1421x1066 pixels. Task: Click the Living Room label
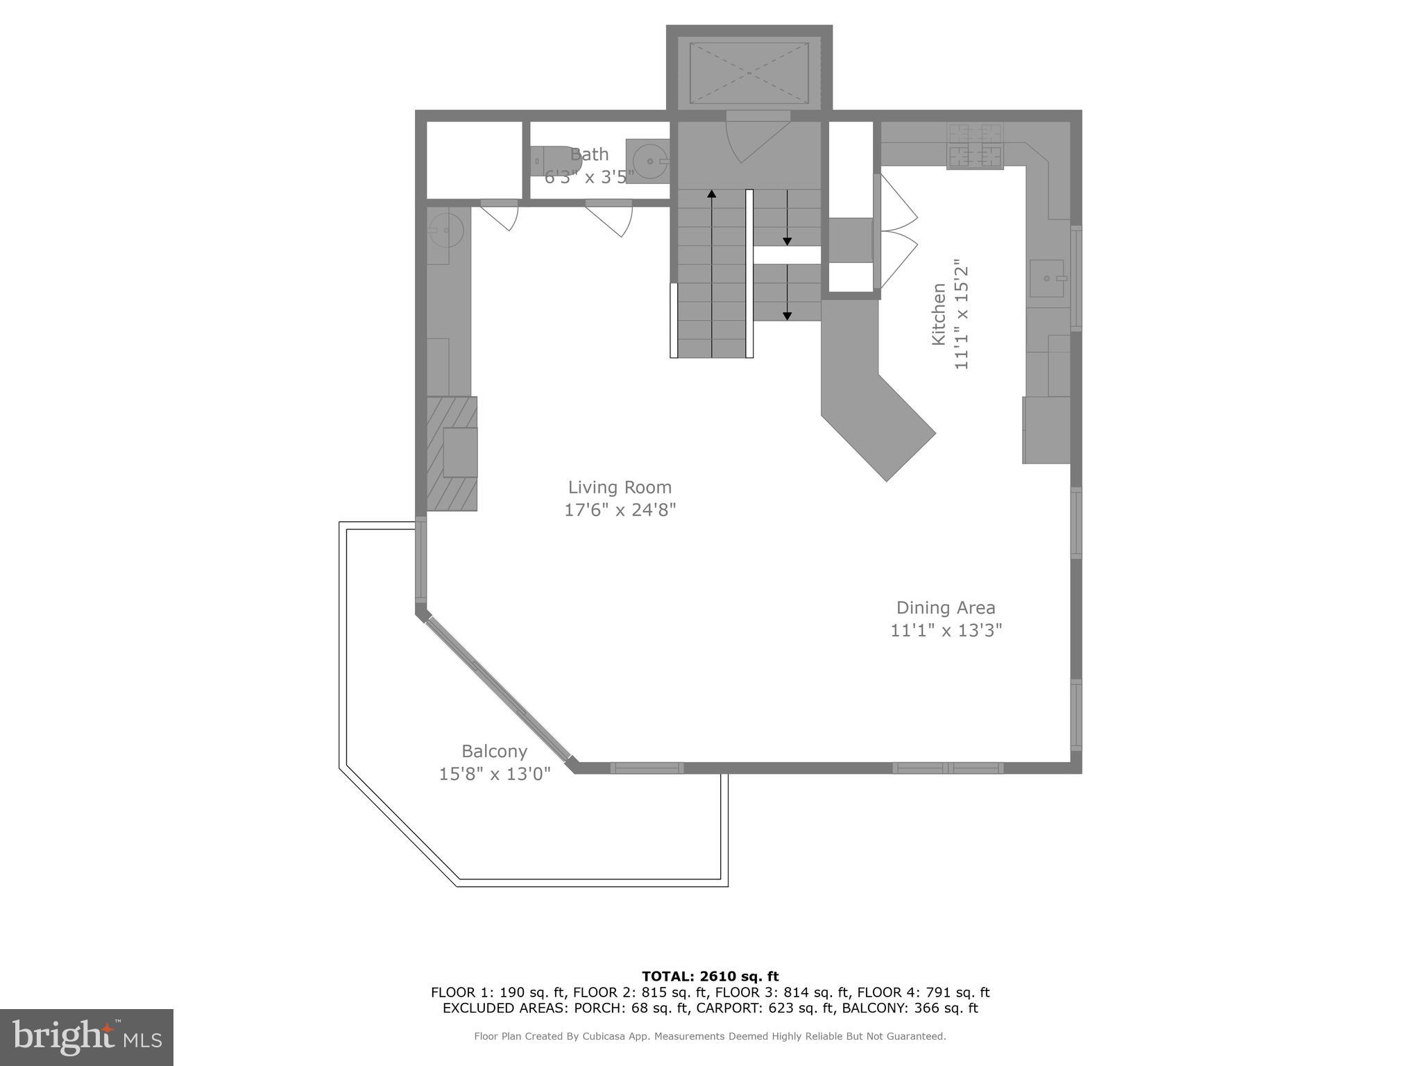620,487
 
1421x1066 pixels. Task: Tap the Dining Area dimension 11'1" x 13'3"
946,630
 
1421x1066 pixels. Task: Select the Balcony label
494,751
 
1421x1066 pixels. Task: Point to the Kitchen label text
938,314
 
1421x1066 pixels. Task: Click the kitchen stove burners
975,146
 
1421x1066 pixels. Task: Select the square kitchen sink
1047,278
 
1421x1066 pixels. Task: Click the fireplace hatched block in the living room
452,453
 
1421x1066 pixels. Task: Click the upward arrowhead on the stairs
711,194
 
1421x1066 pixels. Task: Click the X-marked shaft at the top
749,72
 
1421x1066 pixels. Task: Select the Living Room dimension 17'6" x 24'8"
620,510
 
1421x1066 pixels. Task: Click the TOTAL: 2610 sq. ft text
710,976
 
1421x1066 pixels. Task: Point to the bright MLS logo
87,1037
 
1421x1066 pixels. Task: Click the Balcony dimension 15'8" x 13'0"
494,773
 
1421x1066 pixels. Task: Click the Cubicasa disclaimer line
710,1036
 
